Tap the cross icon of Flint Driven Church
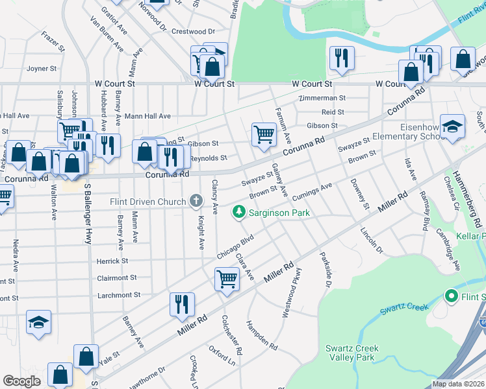[195, 202]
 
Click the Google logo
[21, 381]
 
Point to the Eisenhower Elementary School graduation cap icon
[452, 127]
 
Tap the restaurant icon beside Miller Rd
[182, 305]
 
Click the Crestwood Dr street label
[193, 31]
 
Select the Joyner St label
[39, 68]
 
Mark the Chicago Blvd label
[234, 248]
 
